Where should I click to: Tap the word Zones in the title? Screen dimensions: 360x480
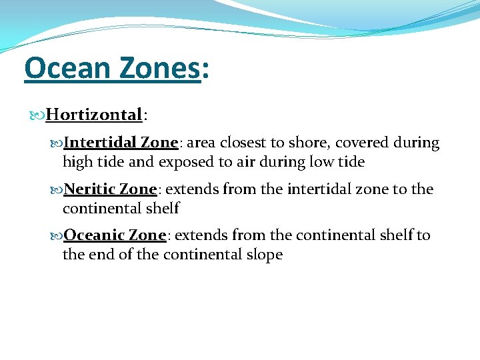pos(163,68)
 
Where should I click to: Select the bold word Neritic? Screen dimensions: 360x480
pos(91,189)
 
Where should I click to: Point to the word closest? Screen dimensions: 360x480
pos(246,143)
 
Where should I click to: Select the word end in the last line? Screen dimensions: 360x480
pos(99,255)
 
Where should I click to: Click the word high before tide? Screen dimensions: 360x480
pos(78,162)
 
